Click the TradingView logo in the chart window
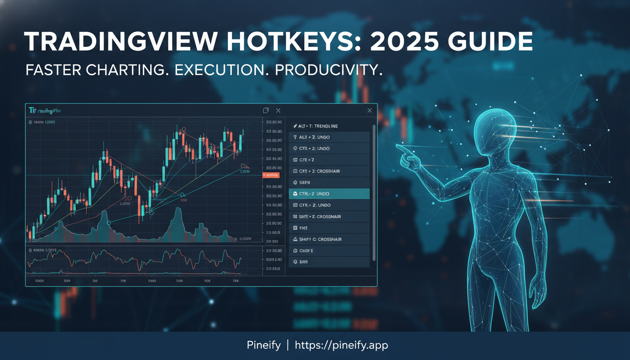click(x=45, y=111)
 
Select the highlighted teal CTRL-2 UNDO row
click(x=329, y=194)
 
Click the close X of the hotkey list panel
click(x=369, y=111)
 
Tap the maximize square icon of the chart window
click(x=266, y=111)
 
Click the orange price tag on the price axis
click(x=270, y=175)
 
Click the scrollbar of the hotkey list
click(x=374, y=192)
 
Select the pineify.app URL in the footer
click(x=341, y=345)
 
